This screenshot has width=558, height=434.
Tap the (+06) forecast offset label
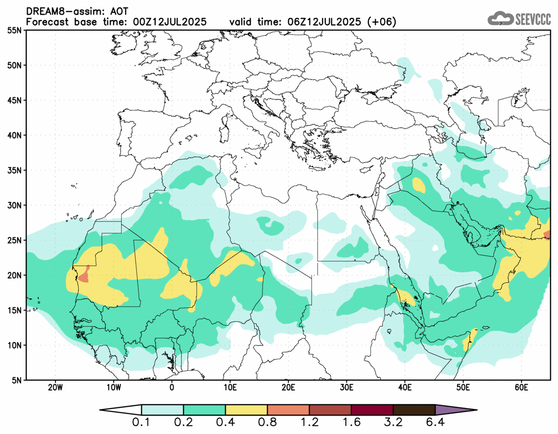pyautogui.click(x=380, y=22)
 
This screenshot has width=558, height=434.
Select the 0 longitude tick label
pyautogui.click(x=171, y=387)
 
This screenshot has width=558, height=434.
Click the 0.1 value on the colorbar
pyautogui.click(x=142, y=423)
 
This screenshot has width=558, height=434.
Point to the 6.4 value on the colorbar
pyautogui.click(x=435, y=423)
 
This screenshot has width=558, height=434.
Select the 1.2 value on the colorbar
pyautogui.click(x=309, y=423)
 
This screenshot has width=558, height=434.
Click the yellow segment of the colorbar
pyautogui.click(x=246, y=410)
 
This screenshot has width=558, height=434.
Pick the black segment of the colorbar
pyautogui.click(x=414, y=410)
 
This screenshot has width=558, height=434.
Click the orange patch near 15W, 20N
pyautogui.click(x=84, y=275)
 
